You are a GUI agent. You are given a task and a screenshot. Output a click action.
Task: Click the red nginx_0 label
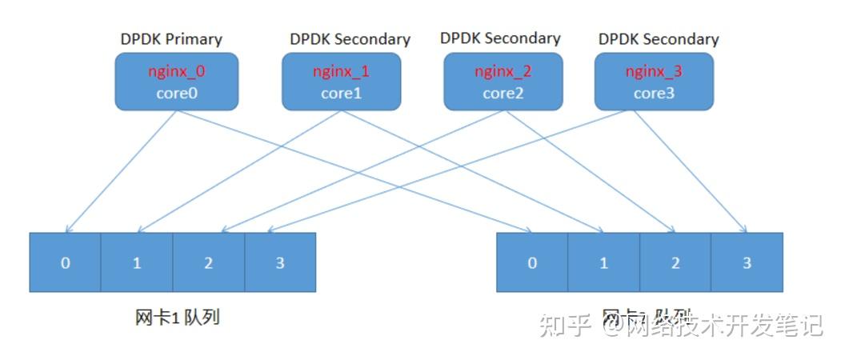click(176, 71)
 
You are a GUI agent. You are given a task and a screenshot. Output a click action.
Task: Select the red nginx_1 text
click(341, 71)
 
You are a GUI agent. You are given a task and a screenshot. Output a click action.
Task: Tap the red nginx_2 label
click(503, 71)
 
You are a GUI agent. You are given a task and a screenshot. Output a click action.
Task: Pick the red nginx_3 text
click(654, 71)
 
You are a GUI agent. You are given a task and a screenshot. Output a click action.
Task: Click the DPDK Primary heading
click(171, 38)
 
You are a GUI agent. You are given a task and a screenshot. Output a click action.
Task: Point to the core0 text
click(176, 93)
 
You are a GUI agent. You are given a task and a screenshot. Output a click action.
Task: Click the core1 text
click(341, 93)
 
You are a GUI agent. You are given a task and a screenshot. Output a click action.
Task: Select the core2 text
click(503, 93)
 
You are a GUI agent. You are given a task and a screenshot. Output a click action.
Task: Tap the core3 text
click(654, 93)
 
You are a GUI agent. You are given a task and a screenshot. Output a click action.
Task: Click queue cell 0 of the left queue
click(65, 262)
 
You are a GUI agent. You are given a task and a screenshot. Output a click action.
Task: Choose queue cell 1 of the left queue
click(137, 262)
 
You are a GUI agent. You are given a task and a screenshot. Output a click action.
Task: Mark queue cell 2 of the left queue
click(208, 262)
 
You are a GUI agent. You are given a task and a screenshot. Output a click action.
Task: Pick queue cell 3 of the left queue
click(280, 262)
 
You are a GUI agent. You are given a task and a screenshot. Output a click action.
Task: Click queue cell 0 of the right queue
click(532, 262)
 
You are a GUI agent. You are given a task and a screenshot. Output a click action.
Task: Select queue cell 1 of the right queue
click(603, 262)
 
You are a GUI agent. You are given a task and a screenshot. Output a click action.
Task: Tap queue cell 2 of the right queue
click(675, 262)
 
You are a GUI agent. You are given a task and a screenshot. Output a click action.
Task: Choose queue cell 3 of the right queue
click(747, 262)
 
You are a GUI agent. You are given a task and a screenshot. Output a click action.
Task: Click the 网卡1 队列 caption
click(177, 317)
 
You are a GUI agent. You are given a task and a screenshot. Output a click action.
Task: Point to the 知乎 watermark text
click(566, 325)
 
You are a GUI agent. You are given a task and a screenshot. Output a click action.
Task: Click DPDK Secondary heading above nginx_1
click(350, 38)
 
